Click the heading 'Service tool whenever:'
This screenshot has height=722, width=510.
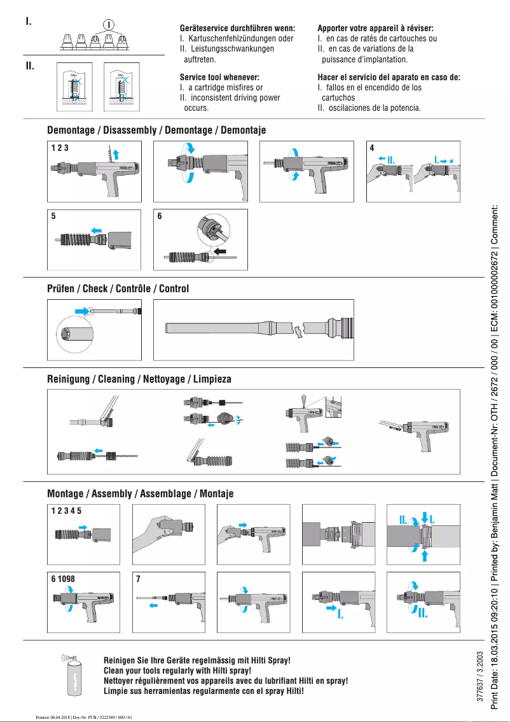[x=220, y=77]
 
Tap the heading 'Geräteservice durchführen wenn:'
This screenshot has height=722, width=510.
[x=237, y=29]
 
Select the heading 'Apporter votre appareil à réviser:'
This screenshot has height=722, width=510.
[x=375, y=29]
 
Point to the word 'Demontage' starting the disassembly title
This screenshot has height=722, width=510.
[x=71, y=130]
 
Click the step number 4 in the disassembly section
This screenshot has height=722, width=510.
[x=372, y=147]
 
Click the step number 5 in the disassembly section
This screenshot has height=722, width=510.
[x=53, y=216]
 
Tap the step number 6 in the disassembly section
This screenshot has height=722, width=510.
[x=160, y=216]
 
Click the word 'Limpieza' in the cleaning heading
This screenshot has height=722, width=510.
[x=212, y=379]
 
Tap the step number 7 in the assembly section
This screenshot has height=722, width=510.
[x=138, y=579]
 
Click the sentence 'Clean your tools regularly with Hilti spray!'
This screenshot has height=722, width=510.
[x=177, y=670]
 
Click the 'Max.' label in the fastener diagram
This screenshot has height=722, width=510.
[x=74, y=74]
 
